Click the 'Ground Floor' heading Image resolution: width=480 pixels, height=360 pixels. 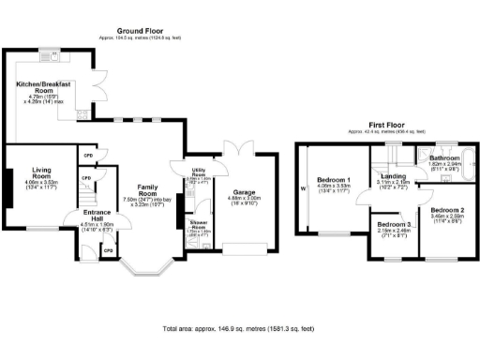coord(143,30)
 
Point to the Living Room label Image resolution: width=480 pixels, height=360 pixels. coord(40,172)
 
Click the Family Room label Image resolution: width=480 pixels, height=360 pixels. coord(145,187)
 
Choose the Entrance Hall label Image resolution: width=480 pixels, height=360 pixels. coord(97,215)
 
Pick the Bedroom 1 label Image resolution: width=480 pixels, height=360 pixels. coord(334,179)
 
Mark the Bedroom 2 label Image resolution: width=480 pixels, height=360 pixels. coord(449,210)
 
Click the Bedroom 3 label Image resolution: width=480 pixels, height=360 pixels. coord(394,225)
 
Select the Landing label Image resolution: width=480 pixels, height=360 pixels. coord(393,175)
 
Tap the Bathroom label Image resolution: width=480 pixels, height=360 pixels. coord(442,159)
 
